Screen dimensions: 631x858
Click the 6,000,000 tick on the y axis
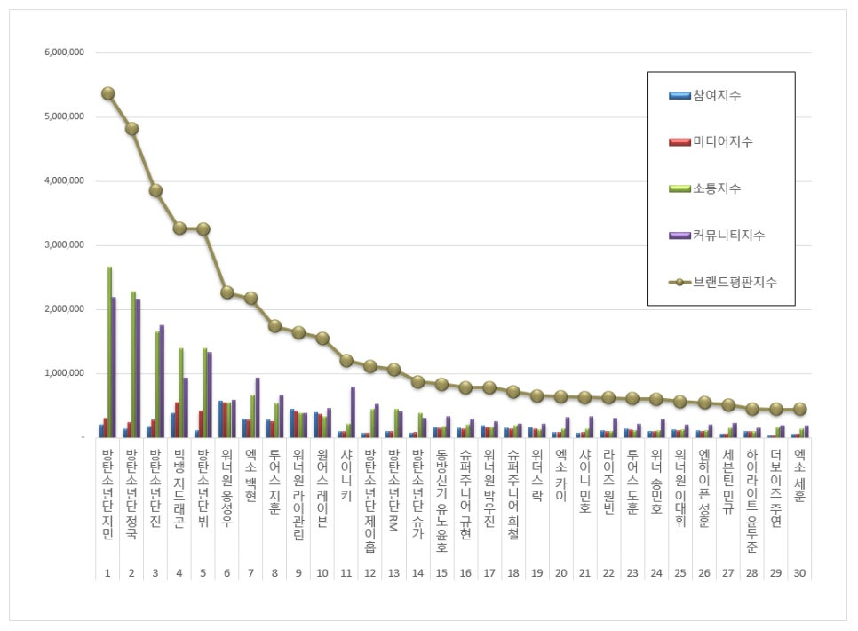coord(65,52)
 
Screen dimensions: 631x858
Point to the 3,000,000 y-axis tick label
coord(65,245)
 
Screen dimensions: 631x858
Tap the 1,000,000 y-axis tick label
coord(65,374)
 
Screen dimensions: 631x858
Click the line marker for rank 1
coord(108,93)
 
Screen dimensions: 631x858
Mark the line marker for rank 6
coord(227,292)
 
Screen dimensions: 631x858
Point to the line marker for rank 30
coord(799,409)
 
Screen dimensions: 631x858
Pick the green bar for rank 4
coord(181,392)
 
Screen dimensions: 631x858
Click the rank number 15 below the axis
coord(441,573)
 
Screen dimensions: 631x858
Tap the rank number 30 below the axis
coord(799,573)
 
